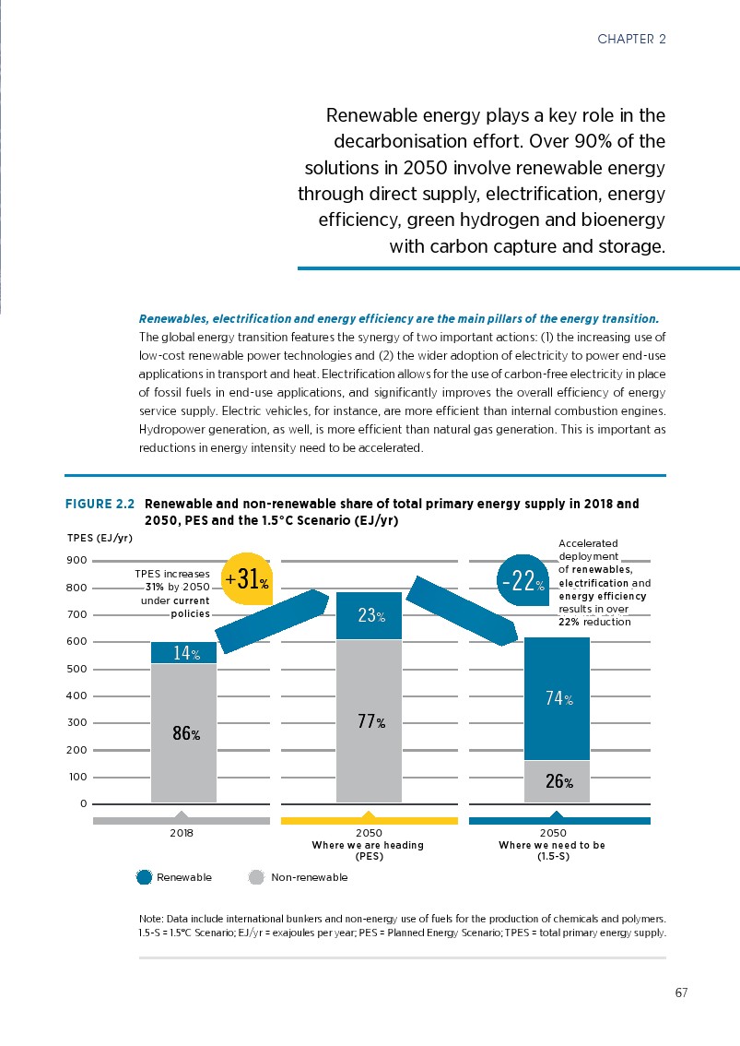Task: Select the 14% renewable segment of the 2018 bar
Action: [x=183, y=653]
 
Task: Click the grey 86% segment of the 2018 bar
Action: [x=183, y=733]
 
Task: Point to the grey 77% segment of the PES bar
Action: [x=369, y=721]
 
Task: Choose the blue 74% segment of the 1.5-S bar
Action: [x=557, y=698]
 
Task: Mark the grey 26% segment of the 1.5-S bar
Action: [x=557, y=782]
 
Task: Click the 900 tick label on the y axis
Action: [x=76, y=561]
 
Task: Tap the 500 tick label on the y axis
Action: [x=76, y=669]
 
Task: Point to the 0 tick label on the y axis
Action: [x=83, y=803]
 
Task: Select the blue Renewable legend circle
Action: [x=144, y=877]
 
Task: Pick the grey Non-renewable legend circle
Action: [x=257, y=877]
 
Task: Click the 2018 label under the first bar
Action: [x=182, y=831]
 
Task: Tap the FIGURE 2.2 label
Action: [x=100, y=505]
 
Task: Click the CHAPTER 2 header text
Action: [x=631, y=39]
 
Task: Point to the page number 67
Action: [x=681, y=993]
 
